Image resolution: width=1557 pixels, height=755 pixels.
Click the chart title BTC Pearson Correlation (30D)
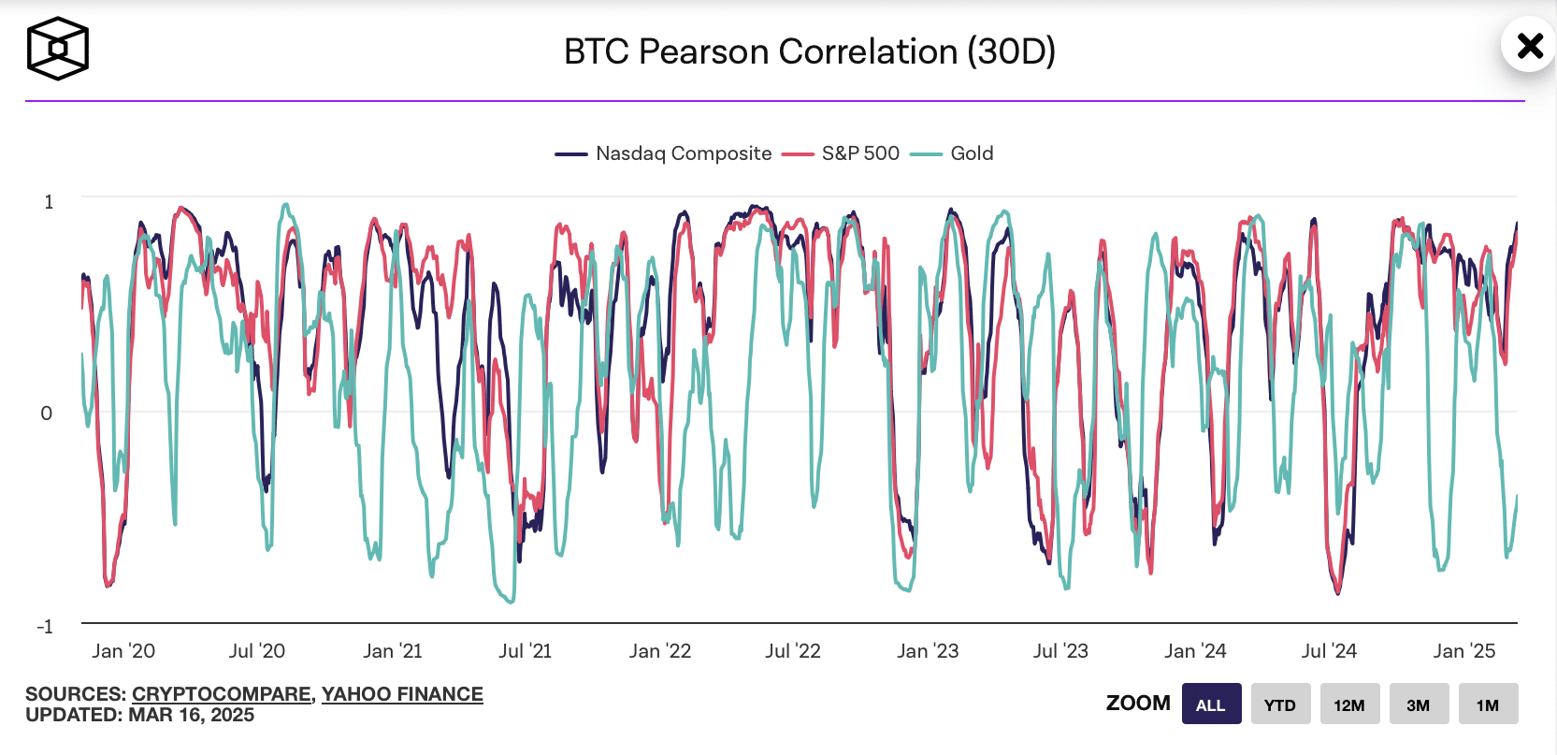tap(809, 51)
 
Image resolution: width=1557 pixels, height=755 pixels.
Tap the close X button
tap(1530, 45)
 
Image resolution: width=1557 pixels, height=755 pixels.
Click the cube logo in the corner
tap(57, 49)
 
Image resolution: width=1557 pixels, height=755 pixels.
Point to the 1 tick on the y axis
tap(49, 202)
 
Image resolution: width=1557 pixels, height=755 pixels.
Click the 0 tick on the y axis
tap(47, 414)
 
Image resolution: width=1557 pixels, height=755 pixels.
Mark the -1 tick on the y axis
tap(45, 627)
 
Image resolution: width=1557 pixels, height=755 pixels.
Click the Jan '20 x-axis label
tap(123, 651)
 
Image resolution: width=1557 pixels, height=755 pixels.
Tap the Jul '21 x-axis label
tap(526, 651)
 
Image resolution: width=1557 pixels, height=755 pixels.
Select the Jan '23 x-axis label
tap(928, 651)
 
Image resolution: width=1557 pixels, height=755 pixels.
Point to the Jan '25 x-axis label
tap(1464, 651)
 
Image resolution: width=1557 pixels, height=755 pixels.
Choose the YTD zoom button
tap(1280, 704)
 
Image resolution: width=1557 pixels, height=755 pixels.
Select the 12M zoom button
tap(1349, 704)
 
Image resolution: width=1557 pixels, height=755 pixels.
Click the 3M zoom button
tap(1419, 704)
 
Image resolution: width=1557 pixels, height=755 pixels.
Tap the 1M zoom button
tap(1488, 704)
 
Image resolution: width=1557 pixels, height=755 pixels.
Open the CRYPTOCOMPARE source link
tap(222, 694)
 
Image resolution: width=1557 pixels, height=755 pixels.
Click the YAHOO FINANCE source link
tap(402, 694)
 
